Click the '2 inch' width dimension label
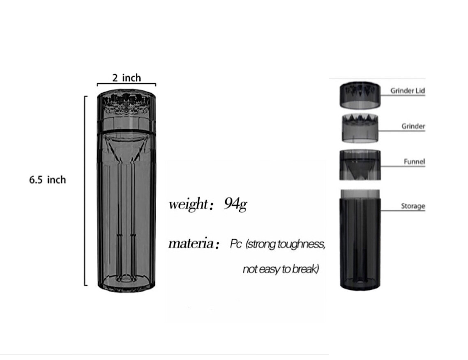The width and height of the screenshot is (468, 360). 126,78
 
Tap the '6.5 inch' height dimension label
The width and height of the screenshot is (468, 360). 47,180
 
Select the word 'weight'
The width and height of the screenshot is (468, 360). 188,204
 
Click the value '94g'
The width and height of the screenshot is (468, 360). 235,204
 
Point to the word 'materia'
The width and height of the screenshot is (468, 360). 191,244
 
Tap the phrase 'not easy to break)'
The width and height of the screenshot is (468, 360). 281,269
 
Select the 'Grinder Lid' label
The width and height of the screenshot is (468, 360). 408,91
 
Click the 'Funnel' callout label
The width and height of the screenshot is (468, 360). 414,161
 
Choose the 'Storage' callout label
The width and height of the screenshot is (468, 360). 413,206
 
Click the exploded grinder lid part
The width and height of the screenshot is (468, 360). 360,95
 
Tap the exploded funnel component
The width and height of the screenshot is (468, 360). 360,165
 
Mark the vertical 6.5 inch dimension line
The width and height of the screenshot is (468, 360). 85,191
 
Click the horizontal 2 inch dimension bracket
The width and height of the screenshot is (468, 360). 126,85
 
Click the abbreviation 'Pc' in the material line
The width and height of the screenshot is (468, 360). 235,244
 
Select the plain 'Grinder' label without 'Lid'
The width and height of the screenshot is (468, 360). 413,126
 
